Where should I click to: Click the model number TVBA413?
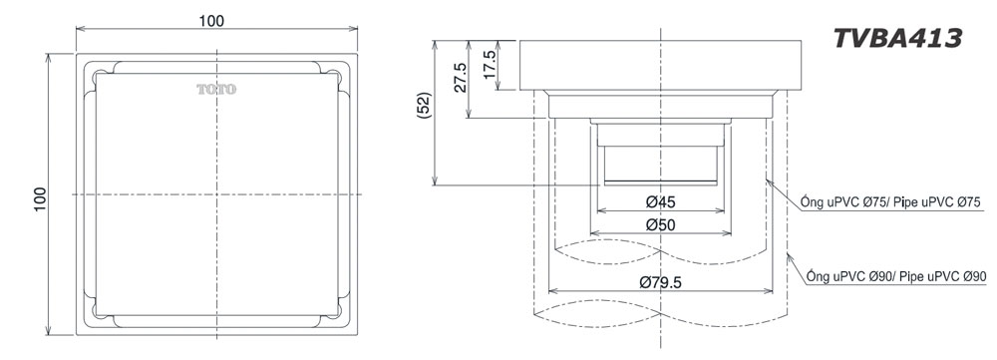pyautogui.click(x=897, y=39)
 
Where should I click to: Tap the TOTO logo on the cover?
pyautogui.click(x=216, y=89)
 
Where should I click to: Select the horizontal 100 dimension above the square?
pyautogui.click(x=211, y=20)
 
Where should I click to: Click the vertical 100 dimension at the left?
pyautogui.click(x=40, y=199)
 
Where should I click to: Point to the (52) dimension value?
pyautogui.click(x=425, y=106)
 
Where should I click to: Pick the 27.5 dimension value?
pyautogui.click(x=460, y=78)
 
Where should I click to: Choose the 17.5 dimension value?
pyautogui.click(x=490, y=64)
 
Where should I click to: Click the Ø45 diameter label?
pyautogui.click(x=661, y=202)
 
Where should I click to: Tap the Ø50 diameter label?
pyautogui.click(x=661, y=224)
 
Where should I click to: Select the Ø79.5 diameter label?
pyautogui.click(x=661, y=282)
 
